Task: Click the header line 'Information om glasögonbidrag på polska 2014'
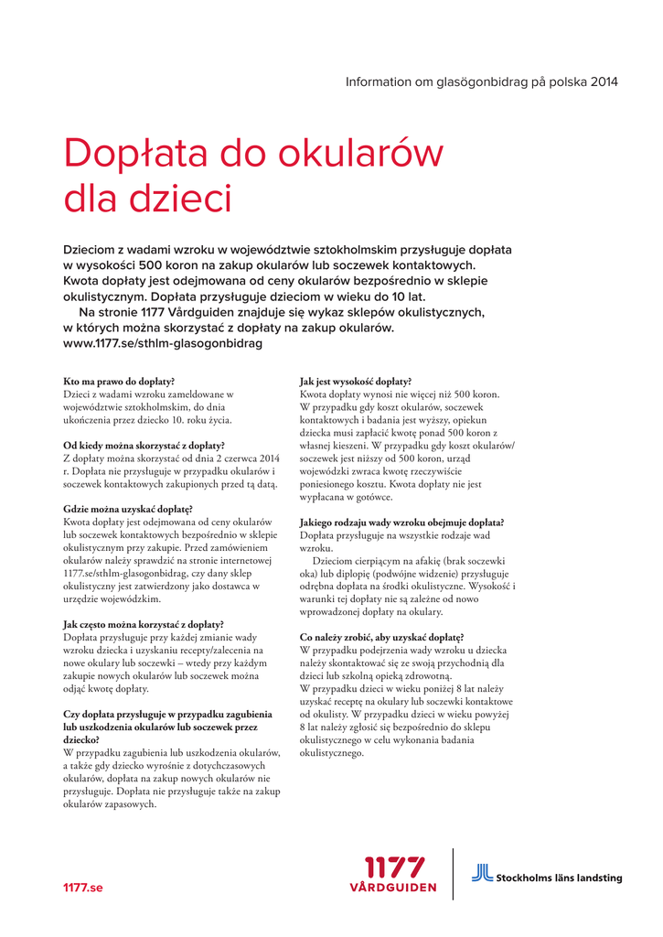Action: point(481,82)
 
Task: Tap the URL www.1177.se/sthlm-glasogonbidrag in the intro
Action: point(163,343)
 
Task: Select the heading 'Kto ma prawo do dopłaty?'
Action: point(119,381)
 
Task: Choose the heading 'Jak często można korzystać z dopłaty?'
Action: point(144,623)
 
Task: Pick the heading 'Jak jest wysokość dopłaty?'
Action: point(356,381)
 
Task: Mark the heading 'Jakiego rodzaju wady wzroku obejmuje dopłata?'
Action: point(408,522)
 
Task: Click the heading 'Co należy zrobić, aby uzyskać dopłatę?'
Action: point(381,637)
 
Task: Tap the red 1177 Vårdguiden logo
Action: point(394,874)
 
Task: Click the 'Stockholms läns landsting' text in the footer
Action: point(559,878)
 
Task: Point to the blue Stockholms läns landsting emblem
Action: point(482,873)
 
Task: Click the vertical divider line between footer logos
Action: point(454,874)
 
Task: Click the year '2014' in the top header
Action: point(604,82)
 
